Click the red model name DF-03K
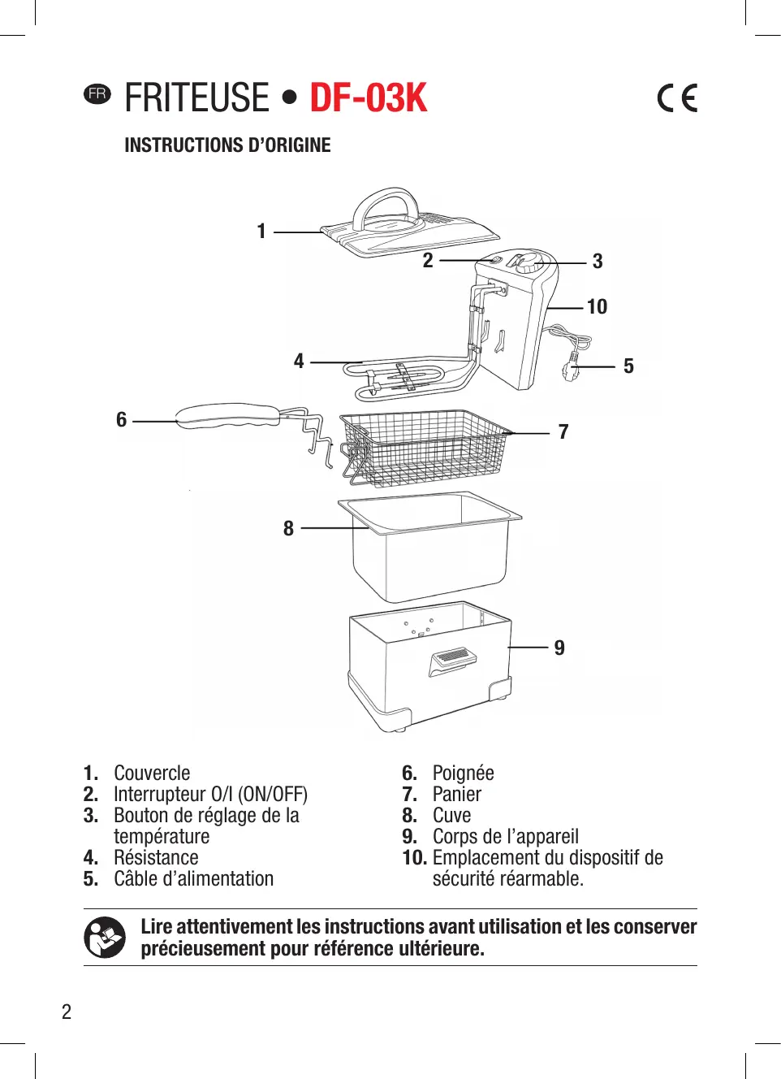tap(368, 98)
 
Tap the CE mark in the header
tap(677, 98)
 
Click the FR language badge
tap(97, 93)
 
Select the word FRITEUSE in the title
tap(196, 98)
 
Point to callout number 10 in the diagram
tap(597, 306)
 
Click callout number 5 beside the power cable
tap(628, 366)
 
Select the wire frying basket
tap(426, 447)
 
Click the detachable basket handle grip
tap(227, 415)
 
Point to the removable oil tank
tap(430, 548)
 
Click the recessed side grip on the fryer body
tap(451, 658)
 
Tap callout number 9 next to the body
tap(559, 648)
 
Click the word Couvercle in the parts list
tap(152, 773)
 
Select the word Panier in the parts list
tap(457, 794)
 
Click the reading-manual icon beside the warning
tap(105, 937)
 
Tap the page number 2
tap(67, 1012)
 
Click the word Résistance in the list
tap(156, 857)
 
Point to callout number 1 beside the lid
tap(261, 232)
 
